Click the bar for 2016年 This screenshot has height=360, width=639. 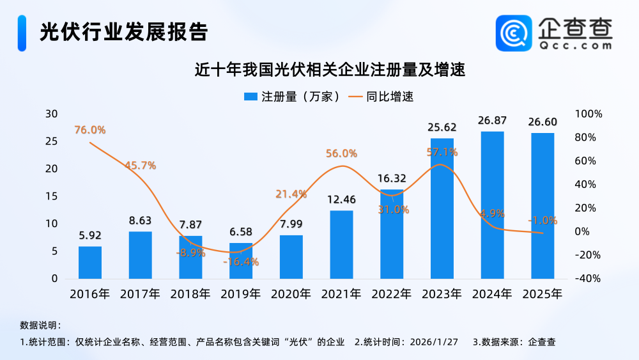point(90,262)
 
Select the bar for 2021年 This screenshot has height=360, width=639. point(341,244)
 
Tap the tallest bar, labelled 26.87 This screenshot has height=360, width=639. point(492,205)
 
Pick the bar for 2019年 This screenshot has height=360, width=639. point(241,261)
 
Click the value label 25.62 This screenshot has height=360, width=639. point(442,127)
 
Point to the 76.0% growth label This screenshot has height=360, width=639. point(89,130)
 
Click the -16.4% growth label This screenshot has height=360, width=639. point(242,262)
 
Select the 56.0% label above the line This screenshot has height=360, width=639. point(341,153)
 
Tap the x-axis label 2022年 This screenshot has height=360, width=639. point(391,294)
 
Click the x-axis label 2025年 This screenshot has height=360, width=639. point(542,294)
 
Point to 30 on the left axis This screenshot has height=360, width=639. point(51,114)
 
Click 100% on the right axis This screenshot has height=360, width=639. point(589,114)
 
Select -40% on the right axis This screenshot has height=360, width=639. point(589,279)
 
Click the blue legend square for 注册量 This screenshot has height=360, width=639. point(250,97)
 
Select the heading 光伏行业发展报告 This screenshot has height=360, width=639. point(124,31)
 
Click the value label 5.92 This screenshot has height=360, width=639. point(90,235)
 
